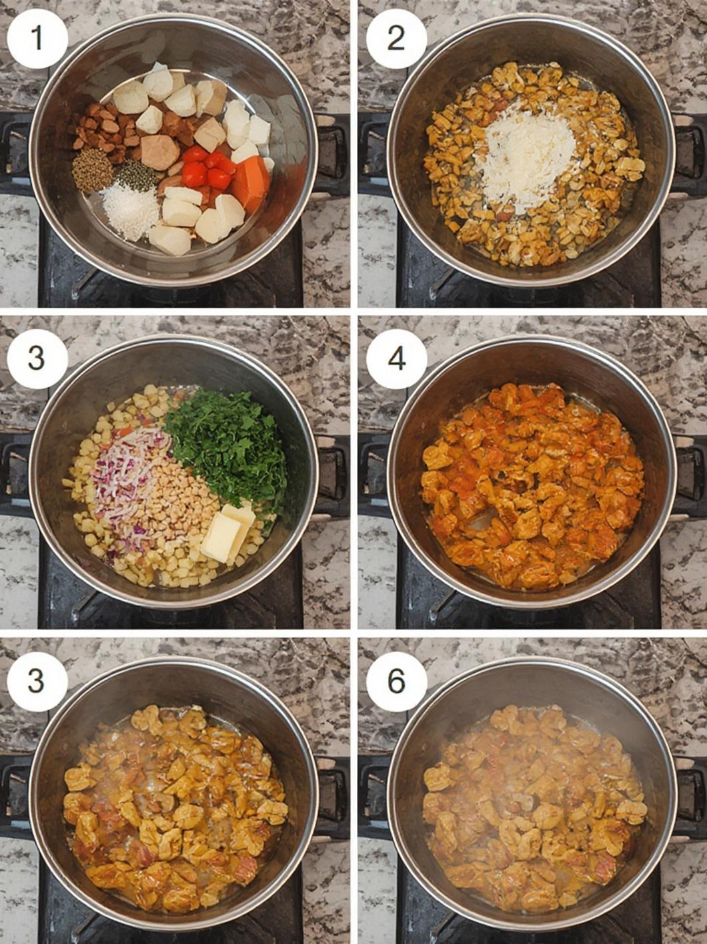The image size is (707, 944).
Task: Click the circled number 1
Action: tap(37, 39)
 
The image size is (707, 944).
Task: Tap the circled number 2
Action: tap(396, 39)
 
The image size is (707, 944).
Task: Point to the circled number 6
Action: tap(396, 680)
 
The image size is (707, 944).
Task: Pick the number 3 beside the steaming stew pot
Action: tap(37, 680)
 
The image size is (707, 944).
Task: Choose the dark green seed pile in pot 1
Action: tap(135, 176)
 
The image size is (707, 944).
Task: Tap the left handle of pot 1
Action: tap(16, 150)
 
